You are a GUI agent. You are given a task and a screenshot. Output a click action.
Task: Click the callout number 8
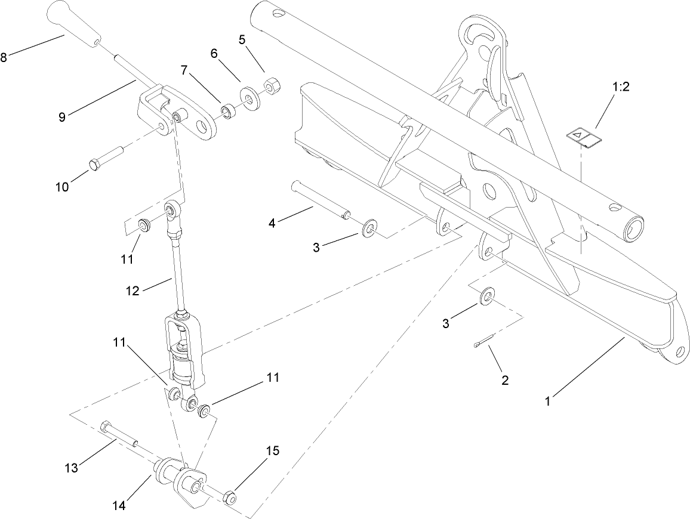pos(4,58)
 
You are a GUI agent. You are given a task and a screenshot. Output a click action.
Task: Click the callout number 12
pos(132,291)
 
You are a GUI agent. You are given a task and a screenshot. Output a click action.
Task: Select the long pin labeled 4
pos(319,200)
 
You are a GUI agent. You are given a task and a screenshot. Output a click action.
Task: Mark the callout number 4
pos(272,224)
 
